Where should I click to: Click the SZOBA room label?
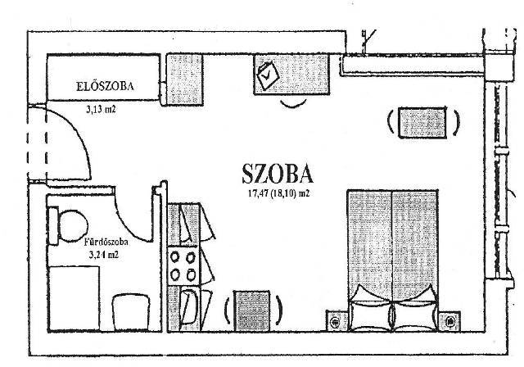point(278,174)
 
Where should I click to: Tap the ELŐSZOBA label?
point(105,86)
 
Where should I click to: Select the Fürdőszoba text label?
point(106,242)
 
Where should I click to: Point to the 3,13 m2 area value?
point(101,109)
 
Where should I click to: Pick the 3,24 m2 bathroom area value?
point(104,255)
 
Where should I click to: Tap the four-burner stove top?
point(183,266)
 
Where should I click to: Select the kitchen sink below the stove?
point(188,307)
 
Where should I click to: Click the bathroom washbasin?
point(130,311)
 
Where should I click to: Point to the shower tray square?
point(75,298)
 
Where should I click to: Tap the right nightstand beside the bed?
point(449,321)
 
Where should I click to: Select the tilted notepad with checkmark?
point(268,76)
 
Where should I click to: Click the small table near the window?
point(422,122)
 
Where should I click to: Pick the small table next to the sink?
point(251,310)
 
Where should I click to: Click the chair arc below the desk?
point(293,104)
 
